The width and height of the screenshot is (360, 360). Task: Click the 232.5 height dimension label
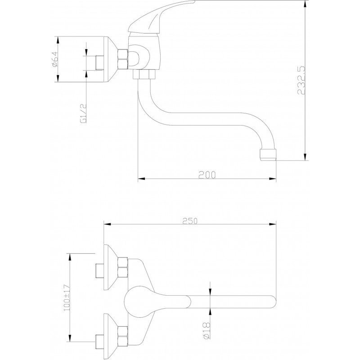[301, 80]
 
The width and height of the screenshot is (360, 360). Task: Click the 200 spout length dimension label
[207, 175]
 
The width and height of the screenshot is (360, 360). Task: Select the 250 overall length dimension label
[190, 221]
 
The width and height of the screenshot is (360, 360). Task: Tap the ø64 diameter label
[55, 59]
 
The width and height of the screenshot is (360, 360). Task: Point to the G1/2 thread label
[83, 113]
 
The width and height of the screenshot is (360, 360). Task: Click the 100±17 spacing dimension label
[67, 297]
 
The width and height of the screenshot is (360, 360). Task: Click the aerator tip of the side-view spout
[268, 154]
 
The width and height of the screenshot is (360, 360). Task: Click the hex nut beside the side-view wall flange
[122, 59]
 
